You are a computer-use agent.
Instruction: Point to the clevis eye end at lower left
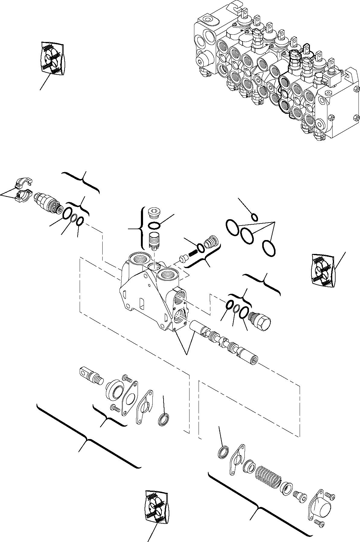[x=90, y=374]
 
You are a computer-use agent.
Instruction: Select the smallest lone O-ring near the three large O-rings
[x=254, y=217]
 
